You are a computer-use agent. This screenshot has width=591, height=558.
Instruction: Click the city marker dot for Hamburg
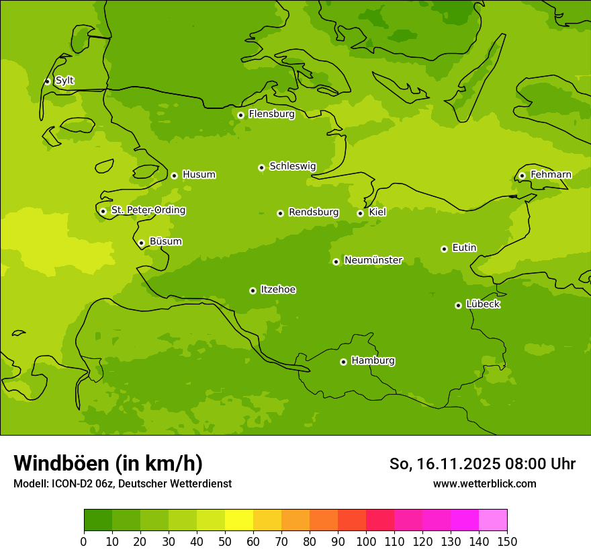[343, 362]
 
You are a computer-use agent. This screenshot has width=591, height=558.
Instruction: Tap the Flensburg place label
[271, 114]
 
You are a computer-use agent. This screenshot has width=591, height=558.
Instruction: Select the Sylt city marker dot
[47, 81]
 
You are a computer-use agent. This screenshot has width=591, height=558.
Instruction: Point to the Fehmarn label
[551, 175]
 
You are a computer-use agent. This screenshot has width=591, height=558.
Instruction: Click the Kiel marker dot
[360, 213]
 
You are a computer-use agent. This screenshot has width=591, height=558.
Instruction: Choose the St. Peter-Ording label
[148, 210]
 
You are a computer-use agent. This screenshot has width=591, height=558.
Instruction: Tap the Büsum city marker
[141, 243]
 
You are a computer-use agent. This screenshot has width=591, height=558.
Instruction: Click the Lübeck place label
[483, 305]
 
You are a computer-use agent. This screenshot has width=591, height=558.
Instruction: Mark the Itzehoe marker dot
[253, 290]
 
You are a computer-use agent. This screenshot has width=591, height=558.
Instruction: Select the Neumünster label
[373, 260]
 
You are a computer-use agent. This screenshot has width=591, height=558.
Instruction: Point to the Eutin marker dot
[444, 249]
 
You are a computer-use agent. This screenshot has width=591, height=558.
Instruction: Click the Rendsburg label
[314, 212]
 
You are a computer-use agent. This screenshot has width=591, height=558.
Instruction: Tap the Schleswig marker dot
[261, 167]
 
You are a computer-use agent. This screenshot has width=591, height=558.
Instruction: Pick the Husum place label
[199, 175]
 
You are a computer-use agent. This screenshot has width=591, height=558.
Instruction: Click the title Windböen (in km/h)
[108, 463]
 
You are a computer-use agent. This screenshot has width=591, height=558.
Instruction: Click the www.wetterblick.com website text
[484, 484]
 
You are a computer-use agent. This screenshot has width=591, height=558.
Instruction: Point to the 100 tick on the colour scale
[366, 541]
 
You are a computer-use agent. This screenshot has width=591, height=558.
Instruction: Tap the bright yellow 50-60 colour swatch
[239, 520]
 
